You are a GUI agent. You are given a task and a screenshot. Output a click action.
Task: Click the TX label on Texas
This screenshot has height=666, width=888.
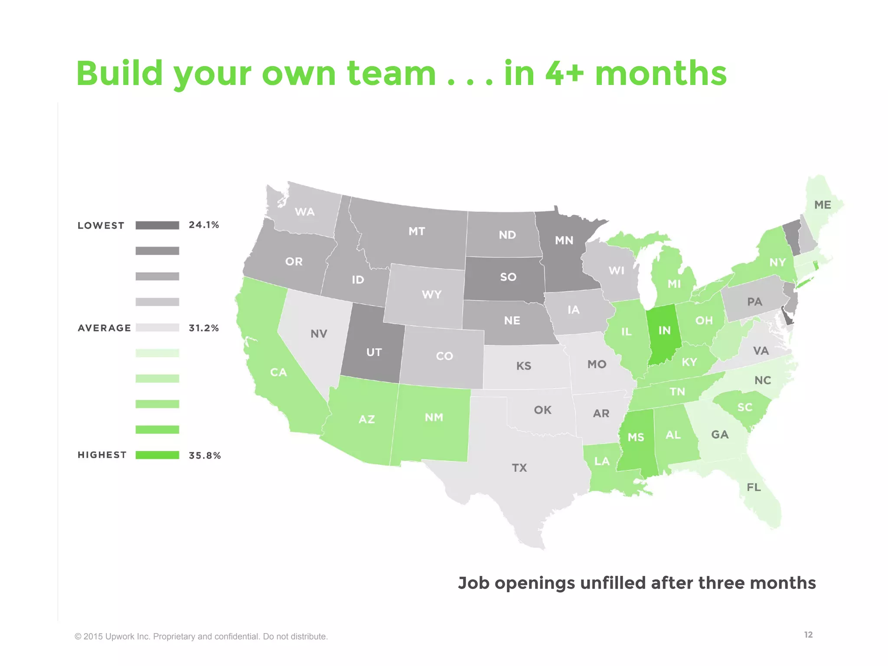(x=519, y=468)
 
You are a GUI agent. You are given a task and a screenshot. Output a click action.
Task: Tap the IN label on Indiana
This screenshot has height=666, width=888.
(x=664, y=330)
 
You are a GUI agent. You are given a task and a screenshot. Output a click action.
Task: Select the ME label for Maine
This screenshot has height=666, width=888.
(x=823, y=205)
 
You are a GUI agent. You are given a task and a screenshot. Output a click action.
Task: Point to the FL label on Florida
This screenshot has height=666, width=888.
(x=754, y=487)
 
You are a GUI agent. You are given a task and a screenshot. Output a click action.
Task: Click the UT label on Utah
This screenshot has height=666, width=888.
(x=374, y=352)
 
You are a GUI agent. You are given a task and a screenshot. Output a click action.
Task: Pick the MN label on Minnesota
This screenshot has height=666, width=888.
(x=564, y=240)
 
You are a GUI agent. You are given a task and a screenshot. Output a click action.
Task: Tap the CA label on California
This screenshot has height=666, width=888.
(x=278, y=372)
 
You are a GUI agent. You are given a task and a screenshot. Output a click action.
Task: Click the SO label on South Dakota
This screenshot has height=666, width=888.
(x=508, y=277)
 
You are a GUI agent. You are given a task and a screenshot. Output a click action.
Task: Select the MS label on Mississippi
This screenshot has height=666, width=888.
(x=636, y=437)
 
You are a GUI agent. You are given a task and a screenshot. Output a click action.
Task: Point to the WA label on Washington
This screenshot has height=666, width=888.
(x=304, y=212)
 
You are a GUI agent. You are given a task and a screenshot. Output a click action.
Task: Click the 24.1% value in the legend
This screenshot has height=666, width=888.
(x=204, y=225)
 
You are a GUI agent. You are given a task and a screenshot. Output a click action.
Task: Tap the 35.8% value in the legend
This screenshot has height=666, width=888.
(x=205, y=455)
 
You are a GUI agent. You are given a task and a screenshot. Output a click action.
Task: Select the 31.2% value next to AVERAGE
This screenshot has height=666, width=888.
(x=204, y=328)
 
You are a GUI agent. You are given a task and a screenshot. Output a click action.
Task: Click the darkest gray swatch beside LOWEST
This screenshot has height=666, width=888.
(x=157, y=225)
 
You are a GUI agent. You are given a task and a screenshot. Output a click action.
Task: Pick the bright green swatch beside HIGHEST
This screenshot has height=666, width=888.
(x=157, y=455)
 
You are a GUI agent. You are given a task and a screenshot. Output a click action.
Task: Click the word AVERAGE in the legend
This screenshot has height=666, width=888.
(x=104, y=328)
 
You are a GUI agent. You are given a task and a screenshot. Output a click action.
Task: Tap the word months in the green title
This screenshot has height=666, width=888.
(x=660, y=74)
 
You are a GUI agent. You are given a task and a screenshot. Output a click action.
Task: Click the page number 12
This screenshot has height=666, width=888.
(x=808, y=635)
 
